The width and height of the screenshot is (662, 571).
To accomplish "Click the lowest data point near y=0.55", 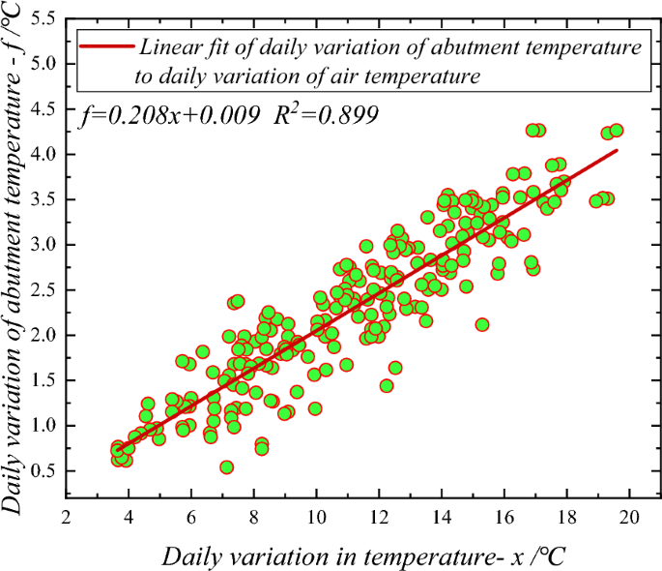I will (x=227, y=467).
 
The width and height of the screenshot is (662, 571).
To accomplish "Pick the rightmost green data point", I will (x=617, y=131).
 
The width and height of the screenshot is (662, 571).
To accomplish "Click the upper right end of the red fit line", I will (x=617, y=150).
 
